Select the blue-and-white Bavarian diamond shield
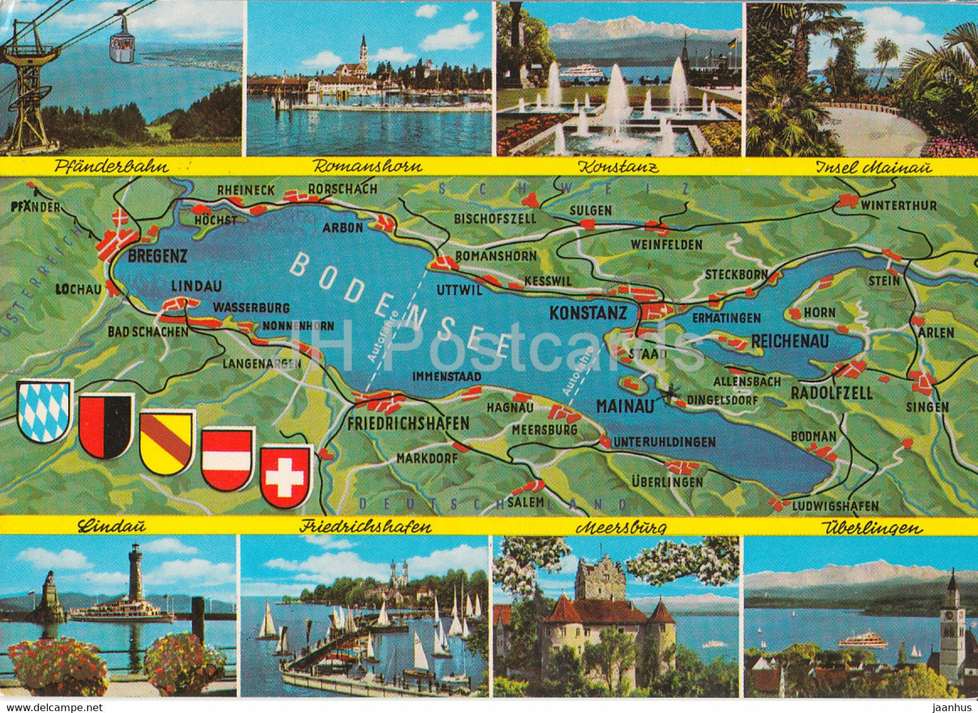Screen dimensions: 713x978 click(45, 411)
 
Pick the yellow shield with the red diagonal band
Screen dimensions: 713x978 click(167, 441)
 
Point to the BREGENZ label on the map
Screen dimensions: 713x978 click(157, 256)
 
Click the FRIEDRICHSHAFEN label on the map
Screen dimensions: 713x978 click(408, 423)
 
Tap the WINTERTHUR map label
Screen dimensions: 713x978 click(899, 205)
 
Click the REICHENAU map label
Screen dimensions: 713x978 click(790, 341)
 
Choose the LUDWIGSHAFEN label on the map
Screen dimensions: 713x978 click(835, 506)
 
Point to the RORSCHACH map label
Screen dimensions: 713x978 click(342, 188)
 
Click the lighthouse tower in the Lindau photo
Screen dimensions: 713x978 click(135, 573)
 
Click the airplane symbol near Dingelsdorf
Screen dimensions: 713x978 click(669, 395)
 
